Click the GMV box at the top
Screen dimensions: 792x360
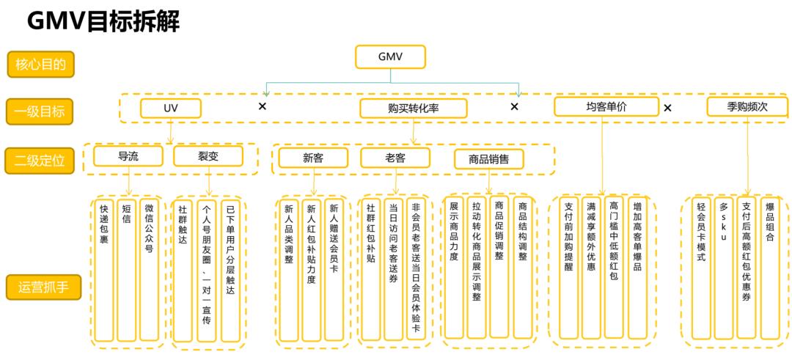tap(390, 56)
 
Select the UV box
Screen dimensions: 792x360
tap(171, 108)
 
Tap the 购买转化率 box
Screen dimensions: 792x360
tap(414, 109)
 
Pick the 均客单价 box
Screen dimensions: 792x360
tap(606, 106)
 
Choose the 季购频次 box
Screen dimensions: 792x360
tap(747, 106)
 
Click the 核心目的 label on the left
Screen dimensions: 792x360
tap(41, 64)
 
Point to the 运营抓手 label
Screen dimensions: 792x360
tap(43, 287)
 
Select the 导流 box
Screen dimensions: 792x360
tap(128, 156)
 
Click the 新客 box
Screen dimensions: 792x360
tap(313, 158)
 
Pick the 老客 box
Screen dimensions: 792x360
tap(395, 158)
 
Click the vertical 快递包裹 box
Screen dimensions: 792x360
tap(104, 270)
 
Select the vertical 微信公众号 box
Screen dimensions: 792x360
tap(148, 270)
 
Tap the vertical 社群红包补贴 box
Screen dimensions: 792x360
tap(371, 270)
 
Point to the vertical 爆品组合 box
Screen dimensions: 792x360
tap(770, 268)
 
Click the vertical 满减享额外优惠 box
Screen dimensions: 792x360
tap(591, 268)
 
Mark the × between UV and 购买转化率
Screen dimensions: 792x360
tap(263, 106)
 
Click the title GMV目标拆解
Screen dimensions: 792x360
tap(103, 21)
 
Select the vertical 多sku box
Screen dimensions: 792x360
tap(724, 268)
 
